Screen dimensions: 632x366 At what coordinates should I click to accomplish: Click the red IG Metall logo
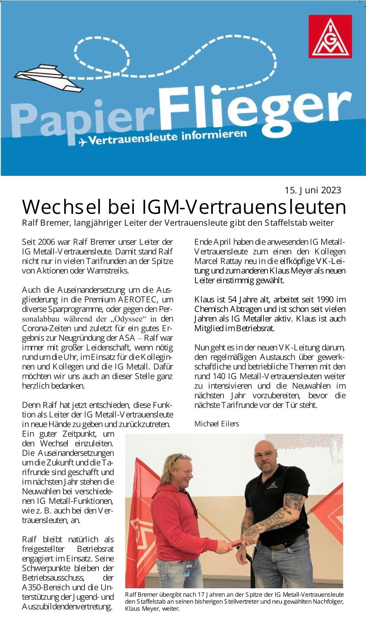tap(330, 36)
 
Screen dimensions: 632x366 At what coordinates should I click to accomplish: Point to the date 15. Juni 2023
tap(313, 190)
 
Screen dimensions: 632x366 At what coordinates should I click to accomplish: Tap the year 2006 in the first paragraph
tap(46, 242)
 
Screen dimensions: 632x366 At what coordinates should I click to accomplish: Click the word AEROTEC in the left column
tap(137, 300)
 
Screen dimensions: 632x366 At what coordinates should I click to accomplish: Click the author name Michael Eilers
tap(217, 424)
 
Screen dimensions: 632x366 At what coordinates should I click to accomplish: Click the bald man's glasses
tap(264, 454)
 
